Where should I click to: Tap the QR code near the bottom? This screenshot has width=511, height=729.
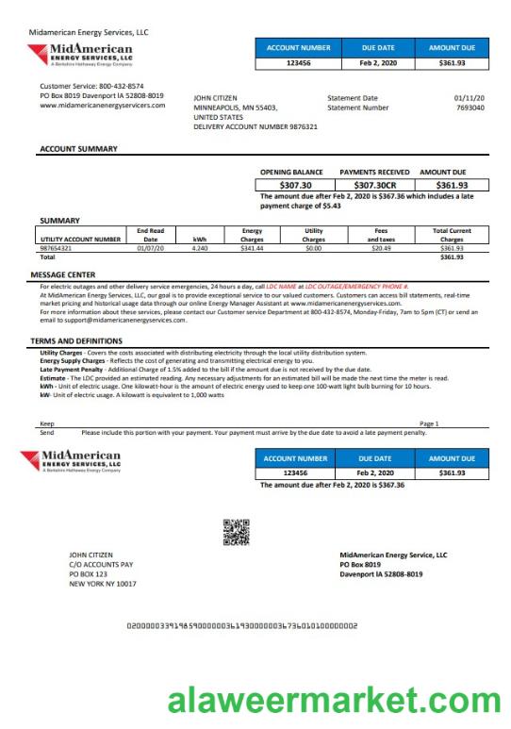235,533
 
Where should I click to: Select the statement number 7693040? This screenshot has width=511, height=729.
470,108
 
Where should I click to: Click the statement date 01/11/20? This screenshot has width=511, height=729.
469,97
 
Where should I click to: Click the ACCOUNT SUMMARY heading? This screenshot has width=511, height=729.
78,149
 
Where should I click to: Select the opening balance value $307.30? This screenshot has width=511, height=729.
290,185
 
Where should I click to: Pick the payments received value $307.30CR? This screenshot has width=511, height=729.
374,185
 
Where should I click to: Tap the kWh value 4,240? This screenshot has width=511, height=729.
200,248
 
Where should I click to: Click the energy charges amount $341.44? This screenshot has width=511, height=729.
252,248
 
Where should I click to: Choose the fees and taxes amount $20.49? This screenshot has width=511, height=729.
381,248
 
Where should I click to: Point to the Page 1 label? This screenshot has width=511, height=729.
429,424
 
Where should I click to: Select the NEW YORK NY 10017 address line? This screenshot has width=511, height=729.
102,584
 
